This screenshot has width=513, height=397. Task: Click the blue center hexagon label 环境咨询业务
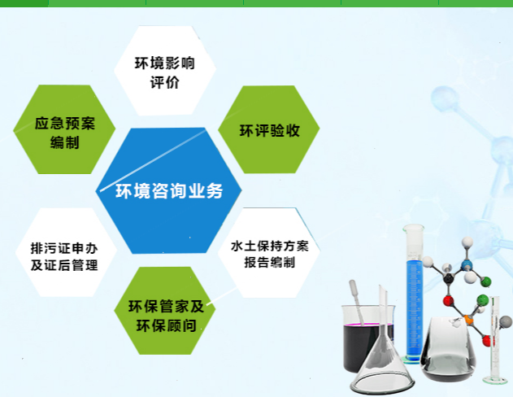pos(169,191)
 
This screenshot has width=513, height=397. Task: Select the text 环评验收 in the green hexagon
pos(270,131)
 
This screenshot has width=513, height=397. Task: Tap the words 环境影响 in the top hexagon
pos(164,63)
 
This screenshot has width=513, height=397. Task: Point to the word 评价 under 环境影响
pos(164,82)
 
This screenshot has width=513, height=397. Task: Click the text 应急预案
pos(65,124)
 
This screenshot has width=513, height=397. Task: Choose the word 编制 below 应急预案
pos(65,142)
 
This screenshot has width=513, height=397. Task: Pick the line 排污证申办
pos(64,248)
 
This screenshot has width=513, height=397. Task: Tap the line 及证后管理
pos(64,265)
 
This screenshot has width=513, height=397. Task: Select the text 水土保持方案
pos(270,246)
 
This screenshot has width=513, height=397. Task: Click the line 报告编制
pos(270,262)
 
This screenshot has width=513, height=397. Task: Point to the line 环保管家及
pos(166,307)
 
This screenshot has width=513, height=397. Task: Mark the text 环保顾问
pos(166,325)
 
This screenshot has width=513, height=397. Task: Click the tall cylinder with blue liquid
pos(414,293)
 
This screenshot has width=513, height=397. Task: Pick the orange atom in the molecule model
pos(469,320)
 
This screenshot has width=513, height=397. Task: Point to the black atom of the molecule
pos(448,278)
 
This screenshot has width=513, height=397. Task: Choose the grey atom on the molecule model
pos(506,321)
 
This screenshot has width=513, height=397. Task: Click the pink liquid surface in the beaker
pos(368,324)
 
